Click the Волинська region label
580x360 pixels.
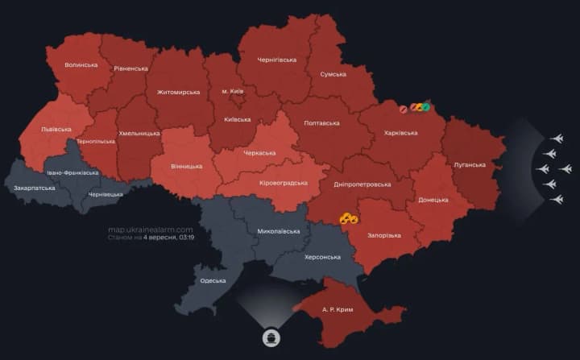pyautogui.click(x=81, y=65)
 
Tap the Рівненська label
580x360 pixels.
pyautogui.click(x=130, y=68)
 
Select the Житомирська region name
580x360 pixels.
pyautogui.click(x=178, y=92)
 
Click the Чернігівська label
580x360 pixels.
pyautogui.click(x=276, y=60)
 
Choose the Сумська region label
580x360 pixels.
pyautogui.click(x=333, y=74)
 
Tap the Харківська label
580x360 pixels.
pyautogui.click(x=400, y=133)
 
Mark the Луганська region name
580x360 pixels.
pyautogui.click(x=470, y=165)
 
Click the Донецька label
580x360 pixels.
pyautogui.click(x=433, y=199)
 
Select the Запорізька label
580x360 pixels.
pyautogui.click(x=383, y=235)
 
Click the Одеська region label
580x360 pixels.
pyautogui.click(x=213, y=280)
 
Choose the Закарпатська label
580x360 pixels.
pyautogui.click(x=35, y=188)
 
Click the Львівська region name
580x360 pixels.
pyautogui.click(x=56, y=129)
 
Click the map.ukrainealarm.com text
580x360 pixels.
pyautogui.click(x=151, y=230)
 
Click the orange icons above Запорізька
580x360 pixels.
pyautogui.click(x=349, y=217)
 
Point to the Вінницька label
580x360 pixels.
pyautogui.click(x=187, y=167)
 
